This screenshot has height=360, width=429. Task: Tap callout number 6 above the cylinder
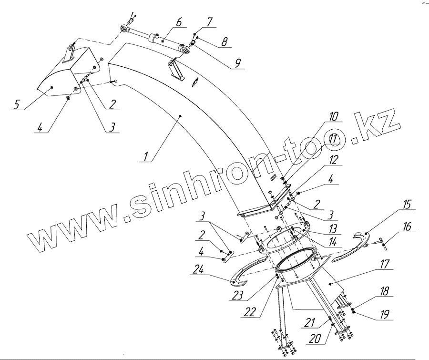(x=179, y=22)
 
